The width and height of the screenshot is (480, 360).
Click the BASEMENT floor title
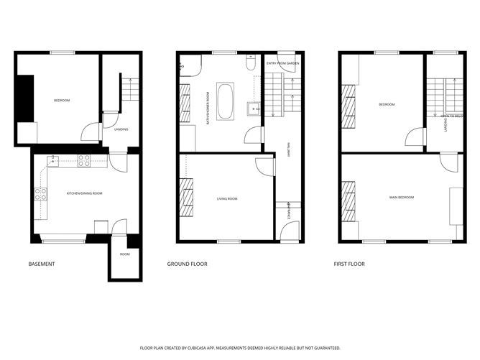point(42,264)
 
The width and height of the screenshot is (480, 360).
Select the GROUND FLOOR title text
point(187,264)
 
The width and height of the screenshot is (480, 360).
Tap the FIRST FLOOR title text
point(349,264)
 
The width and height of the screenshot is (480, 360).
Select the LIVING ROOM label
point(227,198)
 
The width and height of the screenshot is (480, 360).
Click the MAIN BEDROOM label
point(402,197)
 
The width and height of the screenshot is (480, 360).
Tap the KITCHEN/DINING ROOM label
point(85,193)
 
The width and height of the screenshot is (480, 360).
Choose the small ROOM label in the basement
point(124,254)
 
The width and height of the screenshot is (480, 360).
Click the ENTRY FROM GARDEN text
point(282,64)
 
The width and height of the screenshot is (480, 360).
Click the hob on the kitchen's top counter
point(84,161)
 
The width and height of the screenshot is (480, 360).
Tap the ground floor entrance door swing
point(289,231)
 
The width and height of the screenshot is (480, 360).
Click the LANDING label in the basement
point(121,129)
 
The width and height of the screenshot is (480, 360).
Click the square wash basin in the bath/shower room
point(252,109)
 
